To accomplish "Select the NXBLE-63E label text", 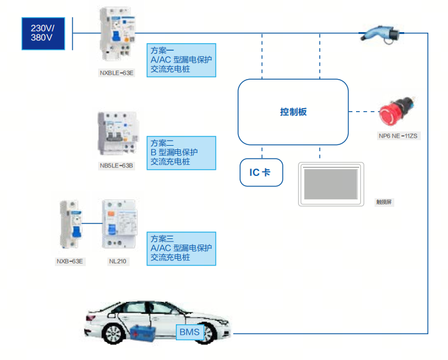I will point(117,72).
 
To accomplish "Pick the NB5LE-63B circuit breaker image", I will point(117,135).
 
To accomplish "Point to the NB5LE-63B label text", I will point(117,165).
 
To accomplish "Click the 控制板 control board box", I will point(293,112).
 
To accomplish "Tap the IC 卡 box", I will point(261,172).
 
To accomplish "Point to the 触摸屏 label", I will point(384,202).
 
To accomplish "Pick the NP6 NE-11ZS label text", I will point(399,135).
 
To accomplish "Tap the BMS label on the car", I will point(189,333).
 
